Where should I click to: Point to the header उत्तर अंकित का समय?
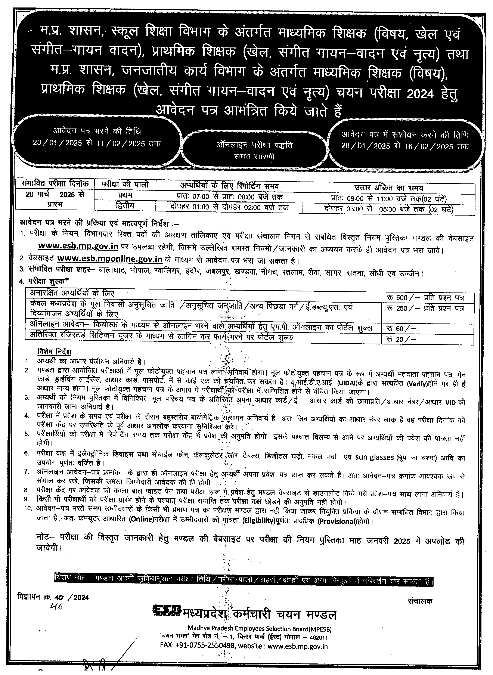coord(388,188)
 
